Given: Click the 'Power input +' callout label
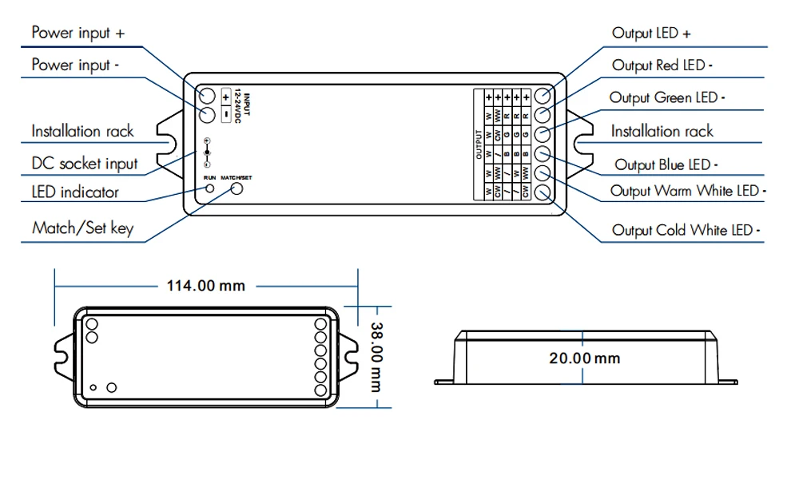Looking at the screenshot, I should point(78,33).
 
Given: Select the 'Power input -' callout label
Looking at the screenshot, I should point(75,65).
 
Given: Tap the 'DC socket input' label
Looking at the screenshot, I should point(85,164).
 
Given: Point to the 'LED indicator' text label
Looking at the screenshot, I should point(74,192).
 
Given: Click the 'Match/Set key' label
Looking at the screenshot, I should point(82,228).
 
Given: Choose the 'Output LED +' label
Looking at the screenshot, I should point(651,33).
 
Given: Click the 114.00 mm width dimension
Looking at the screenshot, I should point(205,285).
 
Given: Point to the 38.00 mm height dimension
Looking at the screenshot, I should point(375,356).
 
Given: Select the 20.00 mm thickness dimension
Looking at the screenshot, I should point(584,358).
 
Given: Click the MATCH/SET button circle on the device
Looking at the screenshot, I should point(237,188).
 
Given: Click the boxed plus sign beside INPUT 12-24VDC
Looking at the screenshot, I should point(225,97).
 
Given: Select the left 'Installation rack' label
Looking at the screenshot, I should point(82,131).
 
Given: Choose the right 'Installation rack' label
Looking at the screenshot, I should point(662,131).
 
